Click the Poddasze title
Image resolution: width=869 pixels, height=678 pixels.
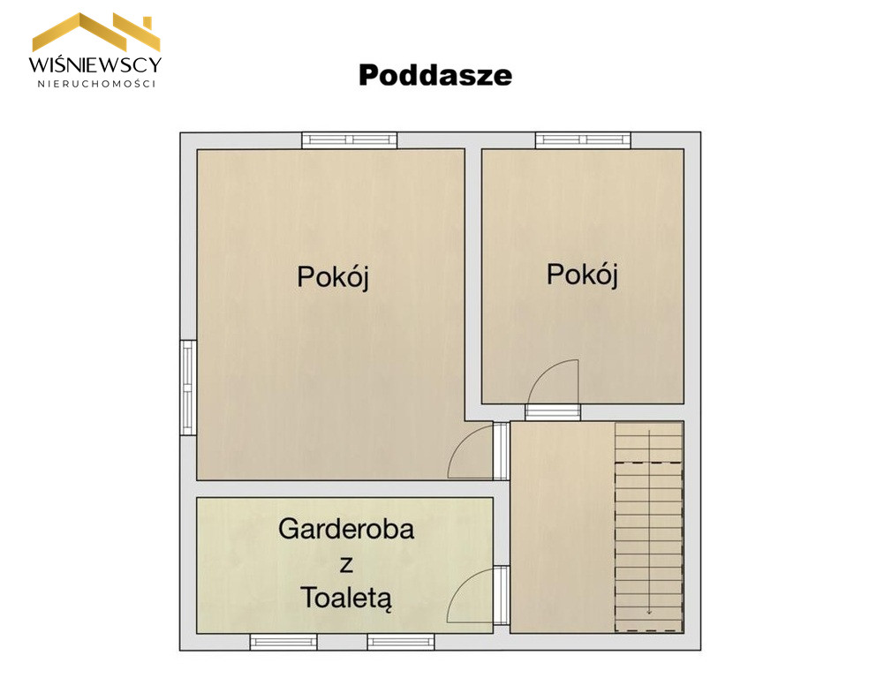click(435, 75)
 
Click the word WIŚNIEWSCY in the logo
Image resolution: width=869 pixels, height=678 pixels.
click(95, 64)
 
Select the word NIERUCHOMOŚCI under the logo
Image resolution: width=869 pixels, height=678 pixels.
click(96, 84)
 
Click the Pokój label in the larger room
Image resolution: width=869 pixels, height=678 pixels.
click(333, 277)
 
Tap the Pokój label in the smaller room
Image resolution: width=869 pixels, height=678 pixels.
click(582, 275)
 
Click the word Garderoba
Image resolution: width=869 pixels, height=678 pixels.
click(346, 529)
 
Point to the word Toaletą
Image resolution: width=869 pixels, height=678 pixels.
click(346, 599)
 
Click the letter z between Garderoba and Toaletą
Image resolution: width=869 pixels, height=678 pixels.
click(346, 565)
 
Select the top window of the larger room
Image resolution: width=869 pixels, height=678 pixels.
click(350, 140)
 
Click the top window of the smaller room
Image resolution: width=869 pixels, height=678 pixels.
click(583, 140)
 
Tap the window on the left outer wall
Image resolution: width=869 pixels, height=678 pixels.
click(188, 388)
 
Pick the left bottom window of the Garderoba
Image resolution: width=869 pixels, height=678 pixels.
click(283, 642)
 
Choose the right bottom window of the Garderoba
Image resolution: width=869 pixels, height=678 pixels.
click(401, 642)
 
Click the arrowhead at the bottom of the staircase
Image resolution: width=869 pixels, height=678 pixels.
click(649, 612)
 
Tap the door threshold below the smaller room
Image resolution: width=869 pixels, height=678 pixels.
click(553, 412)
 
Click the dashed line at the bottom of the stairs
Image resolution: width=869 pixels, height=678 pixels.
click(648, 630)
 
